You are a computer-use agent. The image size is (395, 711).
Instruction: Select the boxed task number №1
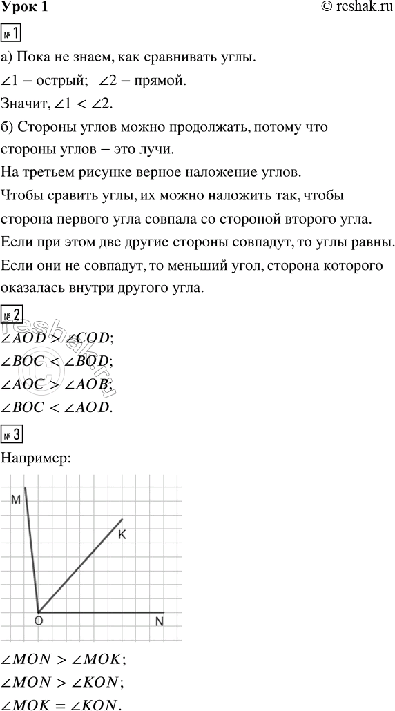[x=12, y=34]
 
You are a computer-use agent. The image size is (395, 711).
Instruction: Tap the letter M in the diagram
[x=15, y=499]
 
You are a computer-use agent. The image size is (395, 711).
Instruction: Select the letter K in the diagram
[x=122, y=534]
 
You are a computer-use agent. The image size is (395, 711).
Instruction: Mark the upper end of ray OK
[x=122, y=519]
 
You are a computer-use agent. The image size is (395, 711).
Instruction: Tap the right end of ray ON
[x=164, y=612]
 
